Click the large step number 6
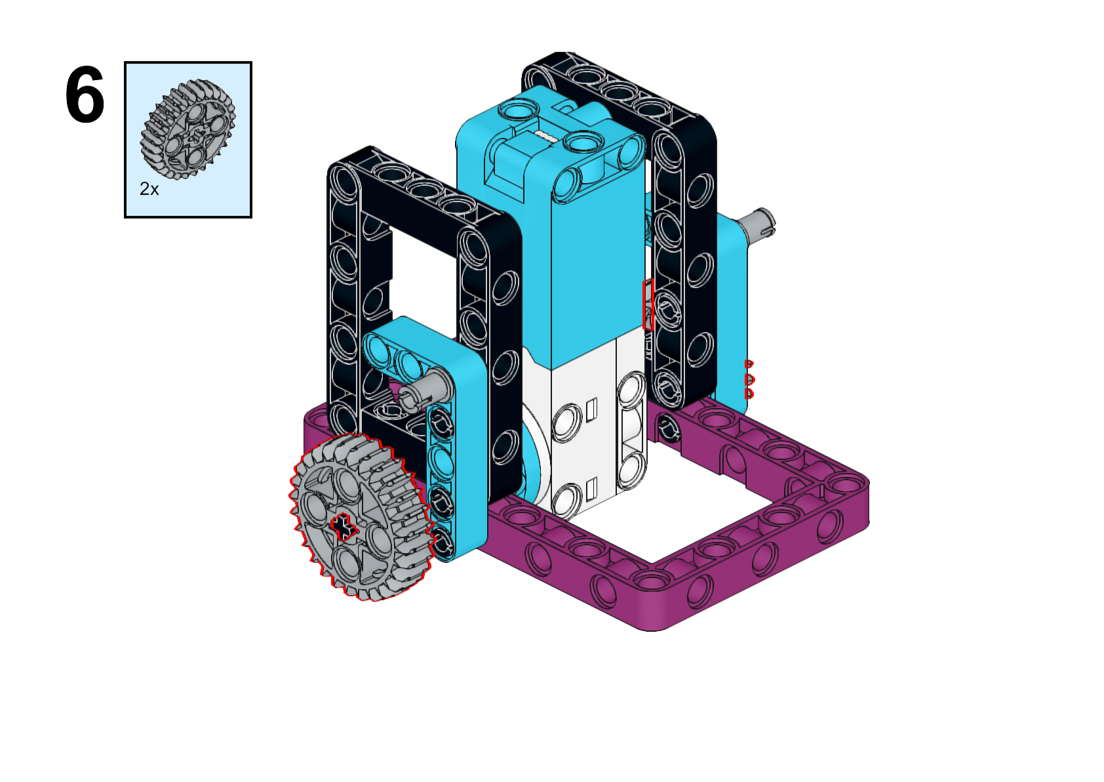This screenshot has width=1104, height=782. click(x=85, y=96)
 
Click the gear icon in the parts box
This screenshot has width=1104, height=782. click(x=187, y=129)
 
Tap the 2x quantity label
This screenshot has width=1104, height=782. click(x=149, y=190)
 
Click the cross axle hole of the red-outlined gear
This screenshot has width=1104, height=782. click(x=342, y=526)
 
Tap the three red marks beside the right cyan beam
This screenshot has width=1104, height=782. click(x=749, y=379)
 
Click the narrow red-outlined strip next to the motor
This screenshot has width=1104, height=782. click(x=648, y=304)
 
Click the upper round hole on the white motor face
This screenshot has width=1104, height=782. click(x=566, y=421)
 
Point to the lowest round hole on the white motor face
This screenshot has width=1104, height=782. click(x=567, y=500)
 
